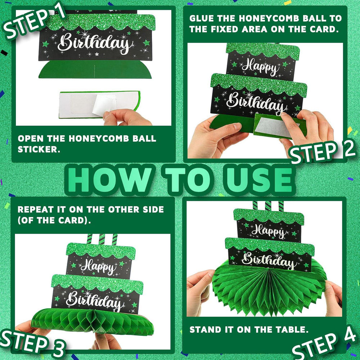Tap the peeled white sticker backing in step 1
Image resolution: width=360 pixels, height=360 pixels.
[x=104, y=104]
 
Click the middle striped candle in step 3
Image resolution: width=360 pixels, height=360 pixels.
[x=102, y=239]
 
